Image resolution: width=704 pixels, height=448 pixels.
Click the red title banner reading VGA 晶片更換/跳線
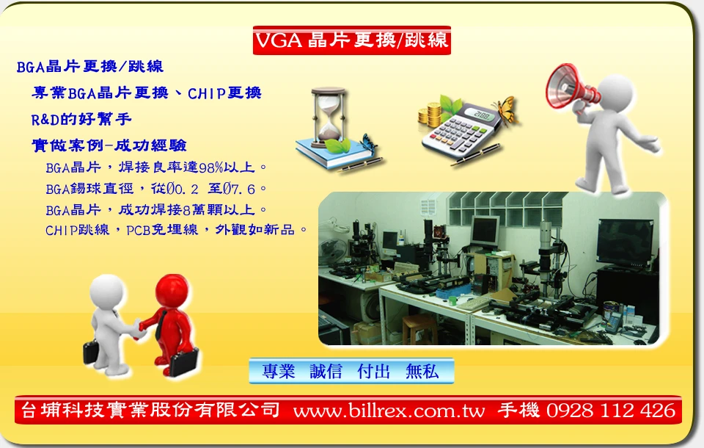(351, 40)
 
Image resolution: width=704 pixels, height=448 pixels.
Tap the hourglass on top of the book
(329, 117)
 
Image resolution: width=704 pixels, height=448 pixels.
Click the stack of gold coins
(431, 115)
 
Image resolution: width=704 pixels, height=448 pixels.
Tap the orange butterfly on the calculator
(506, 110)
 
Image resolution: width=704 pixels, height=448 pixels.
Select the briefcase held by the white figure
(91, 353)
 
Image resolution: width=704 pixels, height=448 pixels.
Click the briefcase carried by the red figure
(184, 363)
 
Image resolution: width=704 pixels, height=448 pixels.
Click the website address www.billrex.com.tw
(389, 411)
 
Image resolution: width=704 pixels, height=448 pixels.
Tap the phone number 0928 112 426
(611, 411)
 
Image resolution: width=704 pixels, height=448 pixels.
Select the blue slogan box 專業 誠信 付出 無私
(351, 371)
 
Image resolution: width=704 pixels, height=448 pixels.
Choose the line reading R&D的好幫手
(81, 119)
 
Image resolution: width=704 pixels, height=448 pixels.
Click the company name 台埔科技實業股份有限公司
(150, 410)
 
